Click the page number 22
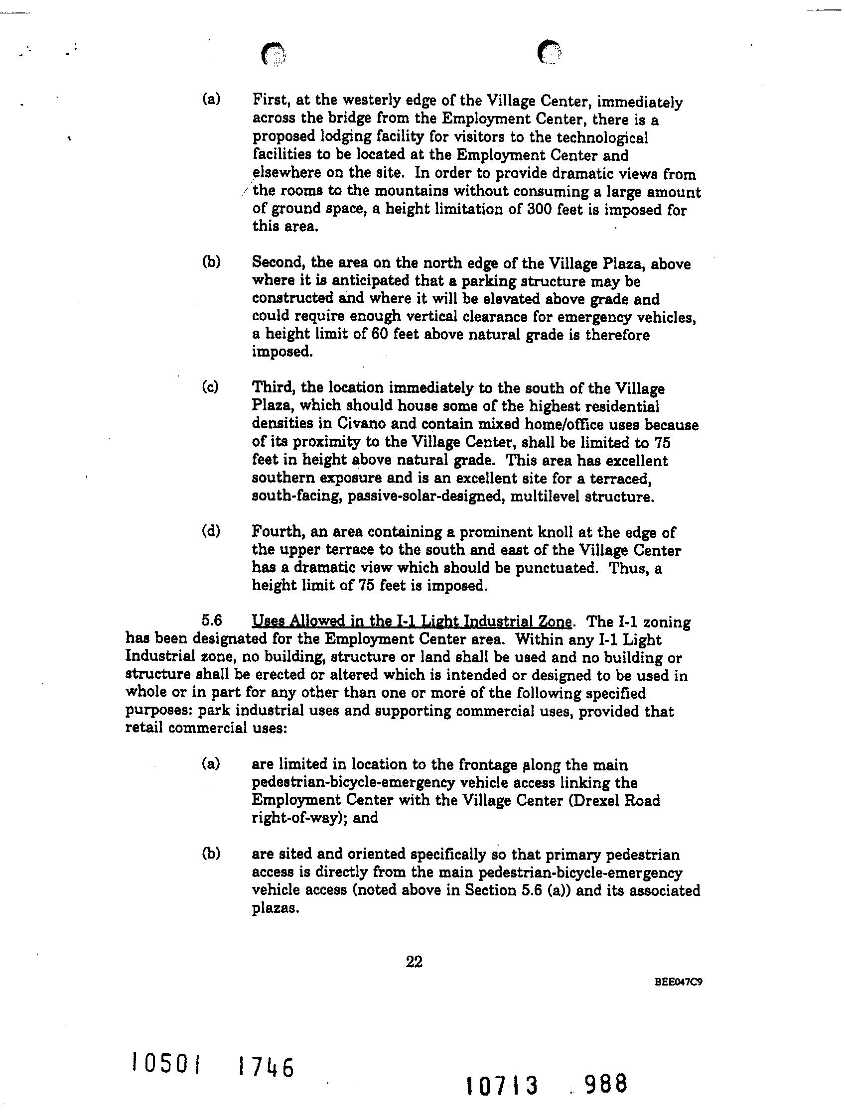pyautogui.click(x=414, y=962)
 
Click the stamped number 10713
pyautogui.click(x=501, y=1086)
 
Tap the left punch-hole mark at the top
pyautogui.click(x=274, y=54)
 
